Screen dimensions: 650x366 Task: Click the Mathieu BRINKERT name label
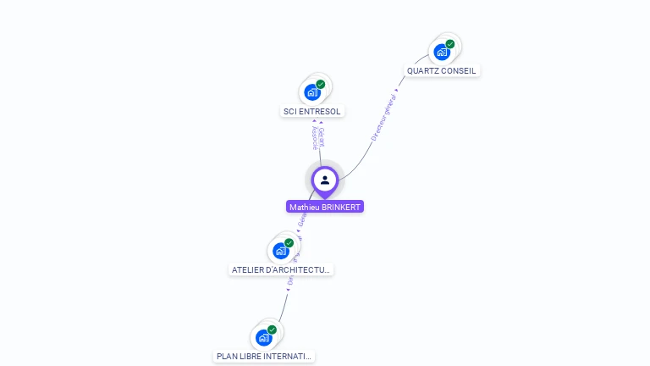pyautogui.click(x=325, y=207)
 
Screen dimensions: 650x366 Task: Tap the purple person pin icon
pyautogui.click(x=325, y=180)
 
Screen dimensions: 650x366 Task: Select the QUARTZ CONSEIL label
pyautogui.click(x=442, y=71)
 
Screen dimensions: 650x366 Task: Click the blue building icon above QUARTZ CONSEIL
pyautogui.click(x=441, y=53)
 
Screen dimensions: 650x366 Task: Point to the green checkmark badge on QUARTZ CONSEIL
pyautogui.click(x=450, y=44)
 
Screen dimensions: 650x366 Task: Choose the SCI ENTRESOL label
pyautogui.click(x=312, y=111)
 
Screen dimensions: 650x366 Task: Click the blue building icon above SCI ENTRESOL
pyautogui.click(x=312, y=92)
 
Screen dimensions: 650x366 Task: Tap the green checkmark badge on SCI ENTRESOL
pyautogui.click(x=321, y=85)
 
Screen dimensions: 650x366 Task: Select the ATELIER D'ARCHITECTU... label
pyautogui.click(x=282, y=270)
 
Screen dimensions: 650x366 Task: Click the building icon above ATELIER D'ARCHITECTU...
pyautogui.click(x=280, y=251)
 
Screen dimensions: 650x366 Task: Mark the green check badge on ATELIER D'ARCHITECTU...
pyautogui.click(x=289, y=243)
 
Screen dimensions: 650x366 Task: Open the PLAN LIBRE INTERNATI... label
pyautogui.click(x=264, y=357)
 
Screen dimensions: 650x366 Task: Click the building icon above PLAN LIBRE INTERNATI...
pyautogui.click(x=263, y=337)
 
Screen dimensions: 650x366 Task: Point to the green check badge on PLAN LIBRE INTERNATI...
pyautogui.click(x=272, y=330)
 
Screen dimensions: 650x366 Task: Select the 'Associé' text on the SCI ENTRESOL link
pyautogui.click(x=315, y=138)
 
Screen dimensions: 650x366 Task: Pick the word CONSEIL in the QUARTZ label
pyautogui.click(x=459, y=71)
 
